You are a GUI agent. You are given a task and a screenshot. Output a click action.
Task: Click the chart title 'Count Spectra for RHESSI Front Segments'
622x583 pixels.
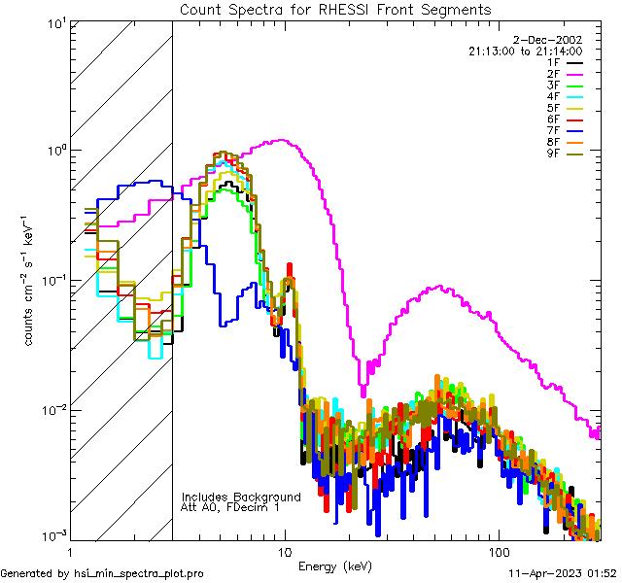335,10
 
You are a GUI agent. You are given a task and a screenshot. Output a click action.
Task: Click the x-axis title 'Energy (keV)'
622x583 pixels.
335,566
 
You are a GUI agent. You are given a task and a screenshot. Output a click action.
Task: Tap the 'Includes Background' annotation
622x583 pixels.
241,497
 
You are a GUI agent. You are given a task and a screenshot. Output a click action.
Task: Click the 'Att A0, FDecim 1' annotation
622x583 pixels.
230,507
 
